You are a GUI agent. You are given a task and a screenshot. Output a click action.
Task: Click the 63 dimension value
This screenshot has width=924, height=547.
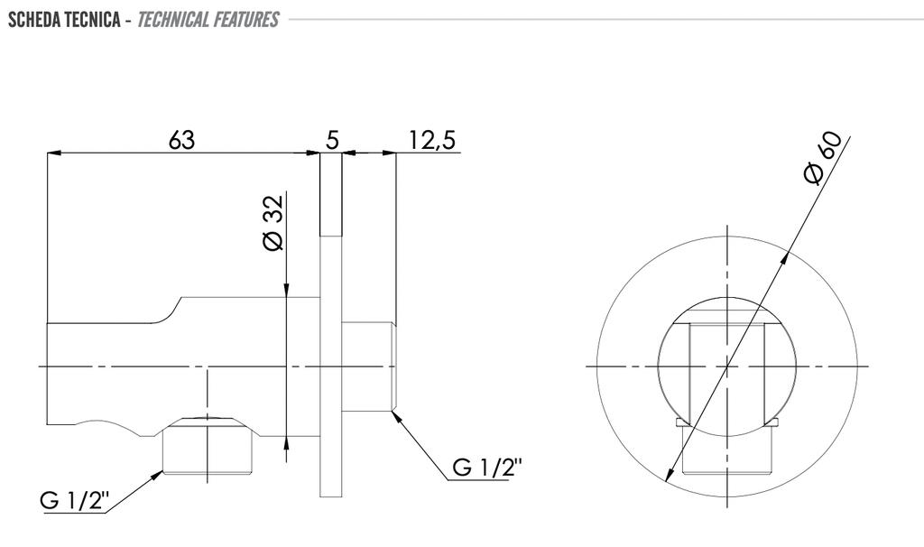(180, 140)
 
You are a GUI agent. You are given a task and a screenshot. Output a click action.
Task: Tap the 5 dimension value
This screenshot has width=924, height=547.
(332, 140)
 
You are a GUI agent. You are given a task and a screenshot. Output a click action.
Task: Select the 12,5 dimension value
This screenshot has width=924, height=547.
(432, 141)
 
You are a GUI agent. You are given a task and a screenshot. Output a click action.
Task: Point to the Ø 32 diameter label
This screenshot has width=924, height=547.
(273, 222)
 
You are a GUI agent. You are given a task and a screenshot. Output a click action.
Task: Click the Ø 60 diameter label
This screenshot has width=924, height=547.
(823, 157)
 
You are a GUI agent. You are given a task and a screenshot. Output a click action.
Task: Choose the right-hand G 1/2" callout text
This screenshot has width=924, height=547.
(487, 467)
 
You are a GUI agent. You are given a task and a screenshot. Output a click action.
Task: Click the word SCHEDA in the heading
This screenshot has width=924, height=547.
(34, 20)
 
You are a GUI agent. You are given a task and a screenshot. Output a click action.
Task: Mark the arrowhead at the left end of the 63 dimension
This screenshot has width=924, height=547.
(53, 153)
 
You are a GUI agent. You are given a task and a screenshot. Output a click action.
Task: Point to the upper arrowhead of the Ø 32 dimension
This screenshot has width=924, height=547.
(286, 290)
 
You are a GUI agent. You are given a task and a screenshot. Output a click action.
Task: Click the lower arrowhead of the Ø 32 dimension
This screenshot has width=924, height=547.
(286, 443)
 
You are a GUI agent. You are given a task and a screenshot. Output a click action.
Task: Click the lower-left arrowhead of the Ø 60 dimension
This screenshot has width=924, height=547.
(670, 475)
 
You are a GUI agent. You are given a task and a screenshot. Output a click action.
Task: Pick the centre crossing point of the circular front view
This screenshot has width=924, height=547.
(727, 366)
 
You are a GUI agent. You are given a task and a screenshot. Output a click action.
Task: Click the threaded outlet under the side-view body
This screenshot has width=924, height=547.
(208, 446)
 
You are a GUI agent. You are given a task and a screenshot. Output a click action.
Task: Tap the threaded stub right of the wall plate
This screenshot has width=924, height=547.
(368, 366)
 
